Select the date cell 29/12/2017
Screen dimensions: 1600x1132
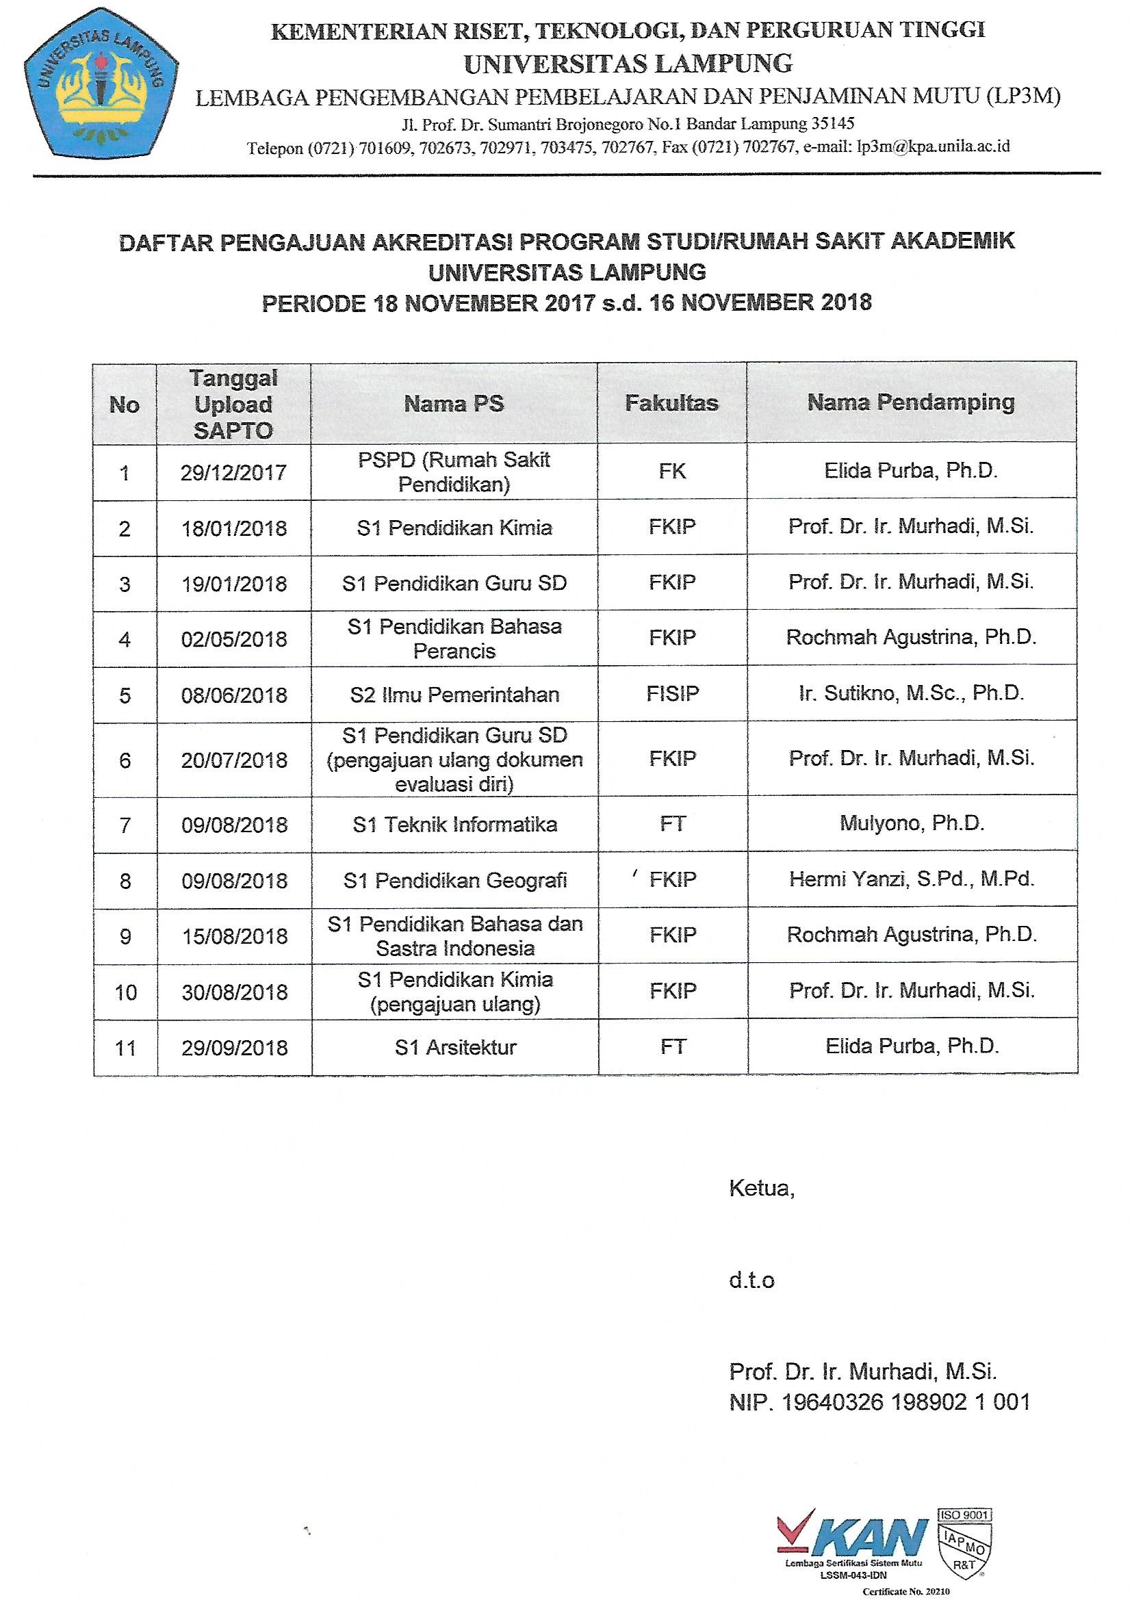233,472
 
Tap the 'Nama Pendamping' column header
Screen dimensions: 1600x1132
910,402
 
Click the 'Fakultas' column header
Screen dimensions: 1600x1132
671,403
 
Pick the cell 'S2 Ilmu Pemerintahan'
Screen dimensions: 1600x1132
454,694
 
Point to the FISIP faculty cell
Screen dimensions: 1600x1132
672,693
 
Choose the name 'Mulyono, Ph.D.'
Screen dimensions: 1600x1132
912,823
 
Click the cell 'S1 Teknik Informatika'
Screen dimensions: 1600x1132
454,825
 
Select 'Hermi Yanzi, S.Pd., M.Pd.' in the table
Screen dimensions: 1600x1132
912,879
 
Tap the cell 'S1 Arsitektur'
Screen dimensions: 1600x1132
455,1047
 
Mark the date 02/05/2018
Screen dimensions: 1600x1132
233,638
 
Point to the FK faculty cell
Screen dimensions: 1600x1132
672,471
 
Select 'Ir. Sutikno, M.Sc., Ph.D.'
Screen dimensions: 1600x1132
911,693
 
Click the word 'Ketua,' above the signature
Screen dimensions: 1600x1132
761,1187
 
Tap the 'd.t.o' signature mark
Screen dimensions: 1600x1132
751,1280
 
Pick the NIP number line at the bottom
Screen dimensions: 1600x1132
879,1402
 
